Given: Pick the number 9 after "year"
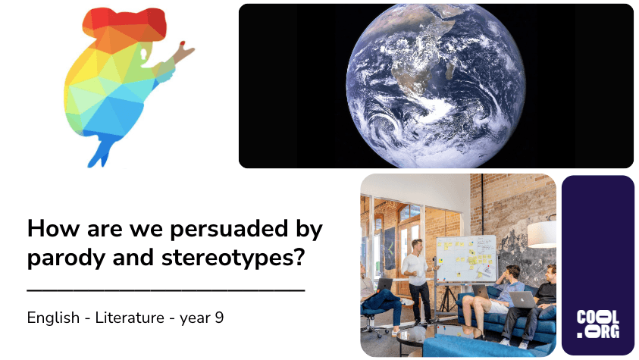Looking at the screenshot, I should pyautogui.click(x=220, y=318).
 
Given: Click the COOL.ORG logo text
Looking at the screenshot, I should pyautogui.click(x=597, y=324).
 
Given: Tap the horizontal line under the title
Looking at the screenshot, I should pyautogui.click(x=165, y=290).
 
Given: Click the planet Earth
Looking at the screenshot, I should pyautogui.click(x=436, y=85).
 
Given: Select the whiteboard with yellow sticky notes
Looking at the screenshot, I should pyautogui.click(x=465, y=258).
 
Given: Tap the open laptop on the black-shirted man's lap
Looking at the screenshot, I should pyautogui.click(x=522, y=299).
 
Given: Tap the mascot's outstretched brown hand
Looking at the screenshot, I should pyautogui.click(x=183, y=52).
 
